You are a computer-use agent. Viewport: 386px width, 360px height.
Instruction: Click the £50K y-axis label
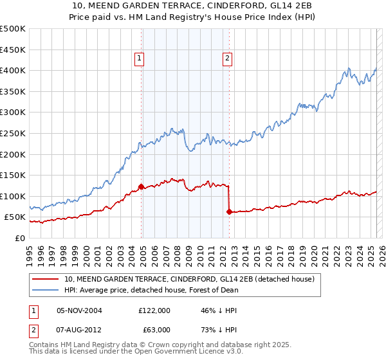15,217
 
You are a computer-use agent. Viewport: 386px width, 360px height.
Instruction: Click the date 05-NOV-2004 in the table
79,310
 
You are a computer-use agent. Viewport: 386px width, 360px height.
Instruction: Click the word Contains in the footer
44,346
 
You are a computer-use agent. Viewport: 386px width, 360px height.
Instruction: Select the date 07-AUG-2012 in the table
79,329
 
